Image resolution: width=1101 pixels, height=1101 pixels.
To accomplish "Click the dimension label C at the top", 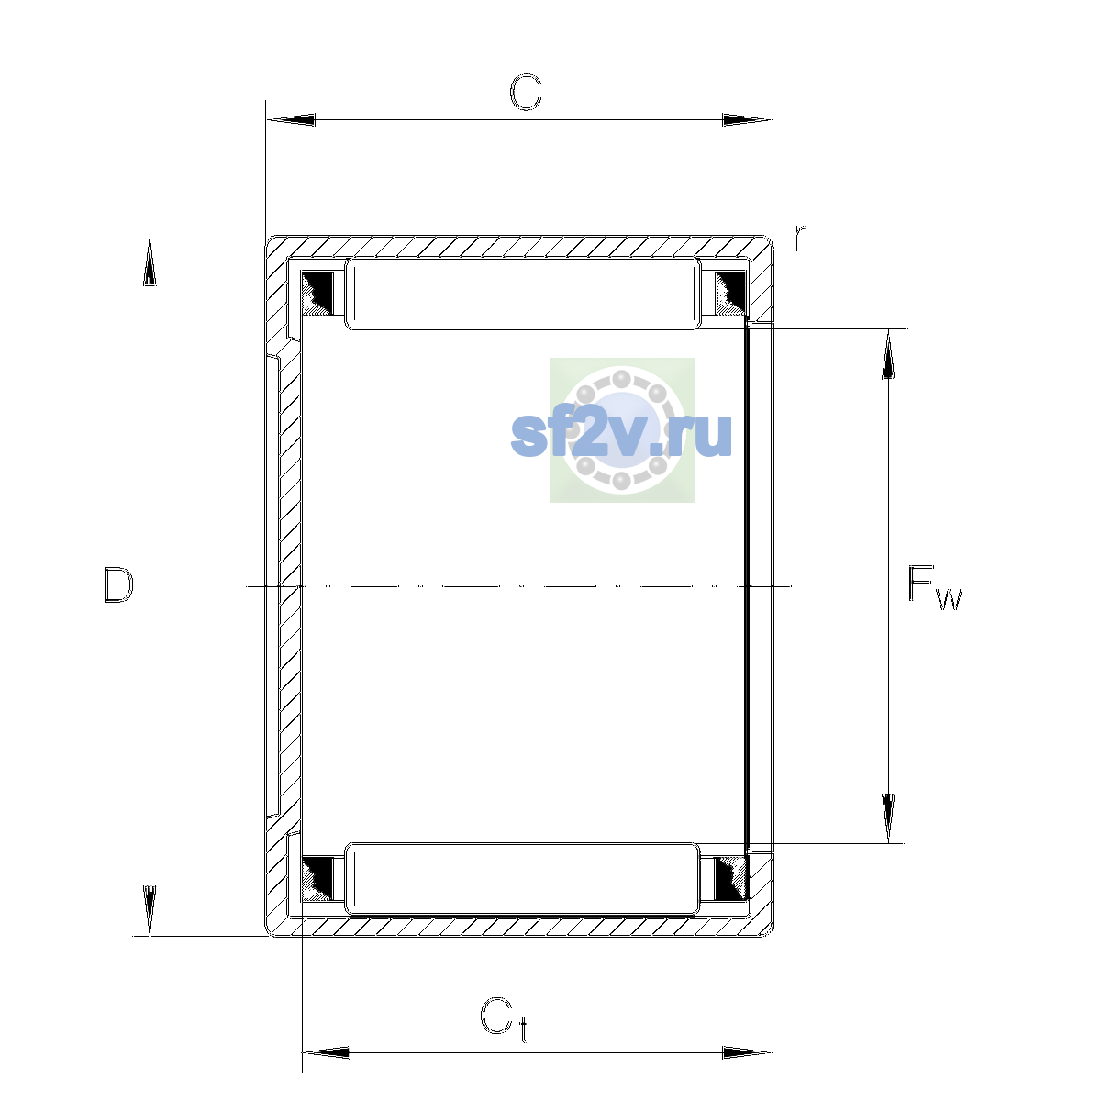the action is [x=525, y=92].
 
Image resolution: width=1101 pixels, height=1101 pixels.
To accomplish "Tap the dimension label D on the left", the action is [x=118, y=585].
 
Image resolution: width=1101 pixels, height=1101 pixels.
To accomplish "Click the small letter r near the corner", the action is [x=799, y=239].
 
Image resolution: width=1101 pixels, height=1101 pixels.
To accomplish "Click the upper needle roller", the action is [x=523, y=294].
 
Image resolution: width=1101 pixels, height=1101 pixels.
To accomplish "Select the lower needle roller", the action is [x=522, y=879].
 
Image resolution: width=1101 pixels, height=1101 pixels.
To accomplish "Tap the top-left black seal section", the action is [x=317, y=294].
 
